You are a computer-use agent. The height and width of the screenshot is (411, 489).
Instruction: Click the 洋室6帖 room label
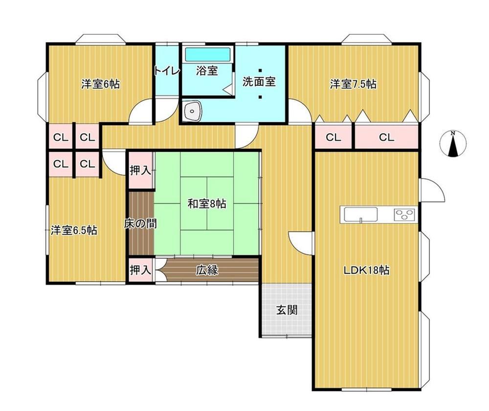[x=100, y=84]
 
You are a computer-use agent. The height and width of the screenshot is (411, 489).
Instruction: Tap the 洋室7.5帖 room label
[x=353, y=84]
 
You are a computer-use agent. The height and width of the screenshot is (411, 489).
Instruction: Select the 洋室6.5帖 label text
[x=74, y=230]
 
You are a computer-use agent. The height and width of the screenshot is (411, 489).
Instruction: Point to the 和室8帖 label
[x=207, y=204]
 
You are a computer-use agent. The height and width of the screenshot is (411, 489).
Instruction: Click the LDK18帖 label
[x=366, y=270]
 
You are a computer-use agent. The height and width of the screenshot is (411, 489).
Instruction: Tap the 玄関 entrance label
[x=287, y=310]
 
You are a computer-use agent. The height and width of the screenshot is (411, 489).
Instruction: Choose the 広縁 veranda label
[x=207, y=270]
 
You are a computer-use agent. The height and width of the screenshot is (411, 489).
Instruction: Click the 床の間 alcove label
[x=140, y=224]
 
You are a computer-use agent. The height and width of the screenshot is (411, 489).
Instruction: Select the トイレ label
[x=167, y=71]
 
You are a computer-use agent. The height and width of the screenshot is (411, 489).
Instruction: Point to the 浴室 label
[x=207, y=71]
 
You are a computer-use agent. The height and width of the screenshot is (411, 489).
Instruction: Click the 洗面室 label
[x=259, y=82]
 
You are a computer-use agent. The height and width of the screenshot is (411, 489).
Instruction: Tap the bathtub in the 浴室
[x=208, y=54]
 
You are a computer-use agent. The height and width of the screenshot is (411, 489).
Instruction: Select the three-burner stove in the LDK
[x=404, y=215]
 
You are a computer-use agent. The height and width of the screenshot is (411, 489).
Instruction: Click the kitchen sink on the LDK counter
[x=361, y=215]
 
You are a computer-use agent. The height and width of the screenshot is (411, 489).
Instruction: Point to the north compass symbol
[x=453, y=143]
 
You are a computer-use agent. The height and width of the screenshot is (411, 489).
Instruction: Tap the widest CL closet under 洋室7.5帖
[x=386, y=137]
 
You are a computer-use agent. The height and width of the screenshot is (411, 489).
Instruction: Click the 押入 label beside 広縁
[x=140, y=270]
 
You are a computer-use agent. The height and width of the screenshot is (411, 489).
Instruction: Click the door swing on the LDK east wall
[x=432, y=190]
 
